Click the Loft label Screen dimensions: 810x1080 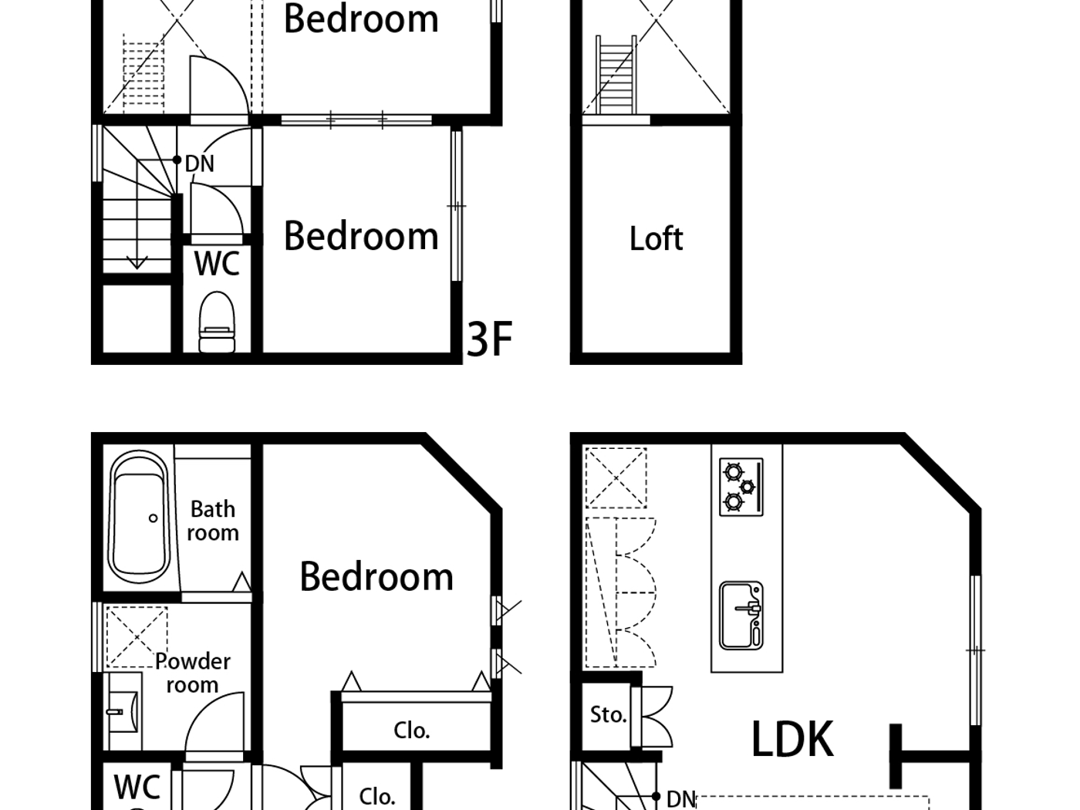656,239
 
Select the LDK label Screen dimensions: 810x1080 791,739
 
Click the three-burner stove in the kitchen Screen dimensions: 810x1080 741,487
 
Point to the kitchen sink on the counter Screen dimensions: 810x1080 741,616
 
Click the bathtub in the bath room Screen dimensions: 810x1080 139,518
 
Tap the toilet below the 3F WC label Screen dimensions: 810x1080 217,323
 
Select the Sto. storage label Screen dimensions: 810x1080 608,715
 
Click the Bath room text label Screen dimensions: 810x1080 213,521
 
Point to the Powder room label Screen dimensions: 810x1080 192,673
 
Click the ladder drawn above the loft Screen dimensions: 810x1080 616,76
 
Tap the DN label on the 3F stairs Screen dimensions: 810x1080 199,164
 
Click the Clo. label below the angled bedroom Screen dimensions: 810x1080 411,731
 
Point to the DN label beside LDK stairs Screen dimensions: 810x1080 680,799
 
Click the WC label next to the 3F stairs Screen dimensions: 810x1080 217,264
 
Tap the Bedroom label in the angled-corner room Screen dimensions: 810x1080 376,577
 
